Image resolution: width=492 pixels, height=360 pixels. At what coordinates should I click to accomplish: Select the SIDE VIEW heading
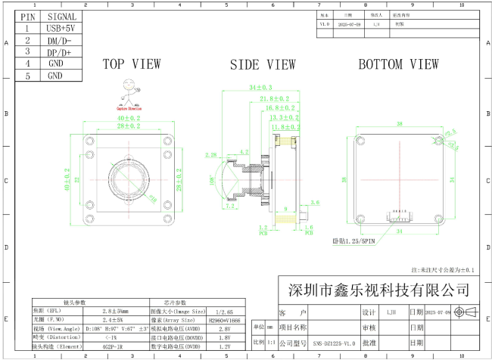click(x=263, y=65)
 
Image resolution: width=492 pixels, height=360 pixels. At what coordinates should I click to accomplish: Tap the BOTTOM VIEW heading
click(x=398, y=64)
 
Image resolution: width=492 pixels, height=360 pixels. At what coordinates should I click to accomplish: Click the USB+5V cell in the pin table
click(x=61, y=28)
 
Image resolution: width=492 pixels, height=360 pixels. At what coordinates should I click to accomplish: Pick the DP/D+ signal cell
click(x=61, y=52)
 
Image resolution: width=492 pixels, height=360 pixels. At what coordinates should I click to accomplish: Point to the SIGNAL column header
click(x=61, y=16)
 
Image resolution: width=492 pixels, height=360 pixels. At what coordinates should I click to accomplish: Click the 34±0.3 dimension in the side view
click(x=260, y=88)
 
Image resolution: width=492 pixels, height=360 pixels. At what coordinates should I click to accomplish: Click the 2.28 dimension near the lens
click(x=211, y=154)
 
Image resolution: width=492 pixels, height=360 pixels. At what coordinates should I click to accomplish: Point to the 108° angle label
click(x=213, y=182)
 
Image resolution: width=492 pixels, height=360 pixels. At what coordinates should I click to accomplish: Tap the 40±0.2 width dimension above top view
click(x=128, y=119)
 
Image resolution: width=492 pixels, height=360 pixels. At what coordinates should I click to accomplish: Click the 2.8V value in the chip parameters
click(x=224, y=330)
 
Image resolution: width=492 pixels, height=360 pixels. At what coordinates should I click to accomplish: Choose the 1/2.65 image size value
click(x=224, y=311)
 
